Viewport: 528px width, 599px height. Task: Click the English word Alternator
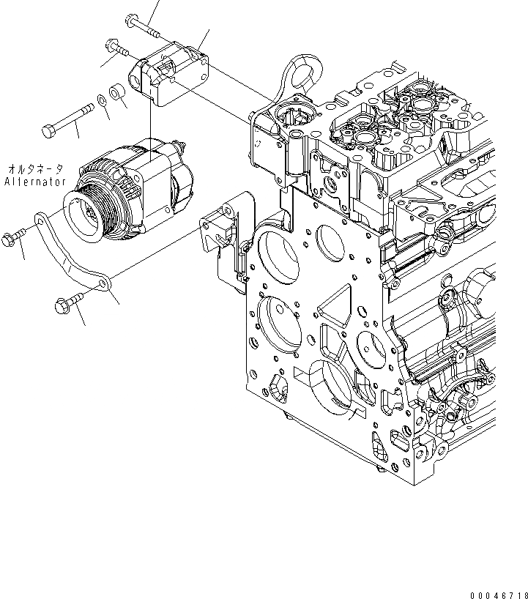coord(35,181)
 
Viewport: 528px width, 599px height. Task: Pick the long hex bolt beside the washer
coord(70,120)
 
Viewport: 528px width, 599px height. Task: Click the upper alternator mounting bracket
coord(168,70)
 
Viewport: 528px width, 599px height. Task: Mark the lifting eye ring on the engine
coord(300,71)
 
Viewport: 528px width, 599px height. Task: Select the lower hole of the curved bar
coord(103,280)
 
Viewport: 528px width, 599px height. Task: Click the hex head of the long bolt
coord(49,132)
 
